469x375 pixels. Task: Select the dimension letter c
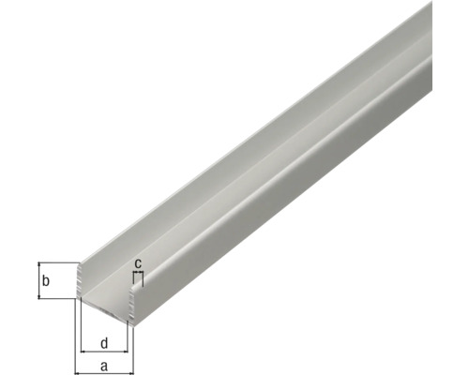(138, 263)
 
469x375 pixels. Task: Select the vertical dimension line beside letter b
(38, 280)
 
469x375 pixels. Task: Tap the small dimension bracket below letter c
(138, 275)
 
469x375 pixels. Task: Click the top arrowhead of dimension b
(38, 264)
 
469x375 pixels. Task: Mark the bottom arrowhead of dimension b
(38, 295)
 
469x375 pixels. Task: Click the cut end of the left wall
(79, 281)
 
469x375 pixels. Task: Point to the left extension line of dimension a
(75, 333)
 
